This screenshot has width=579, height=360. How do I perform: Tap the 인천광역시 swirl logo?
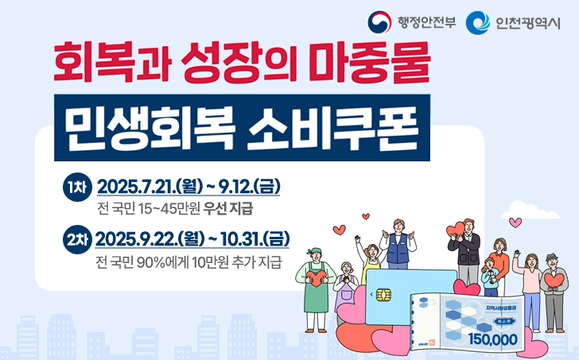click(x=476, y=21)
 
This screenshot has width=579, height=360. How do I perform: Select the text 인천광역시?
click(x=526, y=21)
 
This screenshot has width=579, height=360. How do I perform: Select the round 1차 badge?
click(x=78, y=189)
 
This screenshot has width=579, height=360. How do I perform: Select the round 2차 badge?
click(x=78, y=240)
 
